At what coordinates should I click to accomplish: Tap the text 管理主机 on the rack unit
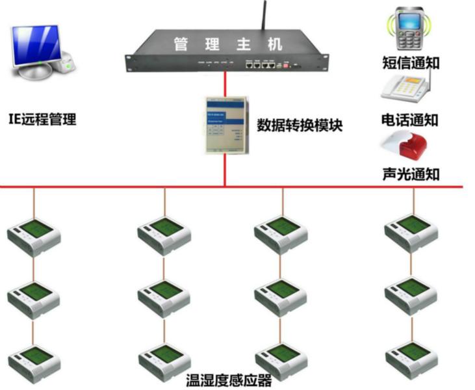coord(227,45)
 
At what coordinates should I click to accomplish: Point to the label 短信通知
coord(410,64)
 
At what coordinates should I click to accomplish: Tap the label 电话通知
coord(410,120)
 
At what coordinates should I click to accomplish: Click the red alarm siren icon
coord(407,147)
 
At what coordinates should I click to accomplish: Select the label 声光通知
coord(410,174)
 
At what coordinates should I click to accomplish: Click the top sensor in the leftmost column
coord(34,236)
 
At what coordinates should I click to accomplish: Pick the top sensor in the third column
coord(281,233)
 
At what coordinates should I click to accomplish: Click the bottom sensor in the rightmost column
coord(411,358)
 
